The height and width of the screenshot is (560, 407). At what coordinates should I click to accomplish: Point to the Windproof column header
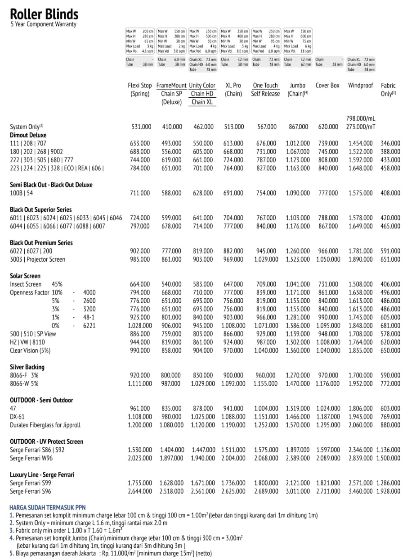(360, 85)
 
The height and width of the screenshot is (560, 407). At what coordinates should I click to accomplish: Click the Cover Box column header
(327, 85)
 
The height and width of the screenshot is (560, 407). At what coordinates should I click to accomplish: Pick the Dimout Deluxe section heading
(28, 135)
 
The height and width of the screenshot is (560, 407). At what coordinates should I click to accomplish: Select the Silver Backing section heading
(27, 367)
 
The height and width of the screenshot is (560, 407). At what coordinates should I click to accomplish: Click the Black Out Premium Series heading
(41, 242)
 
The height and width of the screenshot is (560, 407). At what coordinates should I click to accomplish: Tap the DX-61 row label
(18, 416)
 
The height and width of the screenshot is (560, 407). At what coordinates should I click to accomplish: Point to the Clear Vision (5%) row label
(30, 350)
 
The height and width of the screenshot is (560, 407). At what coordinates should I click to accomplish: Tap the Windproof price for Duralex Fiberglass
(360, 425)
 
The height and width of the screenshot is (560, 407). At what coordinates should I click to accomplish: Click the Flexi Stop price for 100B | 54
(140, 193)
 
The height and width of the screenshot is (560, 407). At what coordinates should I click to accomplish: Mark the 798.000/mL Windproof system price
(360, 118)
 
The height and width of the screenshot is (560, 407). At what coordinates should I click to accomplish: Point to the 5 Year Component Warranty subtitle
(43, 24)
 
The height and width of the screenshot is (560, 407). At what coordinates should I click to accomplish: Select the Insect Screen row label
(26, 284)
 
